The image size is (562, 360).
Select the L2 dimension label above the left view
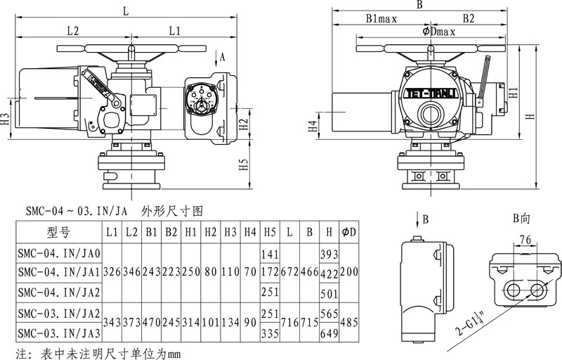coord(72,30)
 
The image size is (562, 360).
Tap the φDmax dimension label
coord(439,31)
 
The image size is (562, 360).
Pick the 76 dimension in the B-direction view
coord(524,240)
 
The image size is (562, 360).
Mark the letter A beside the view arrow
coord(223,56)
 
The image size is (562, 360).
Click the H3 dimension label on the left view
coord(6,118)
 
